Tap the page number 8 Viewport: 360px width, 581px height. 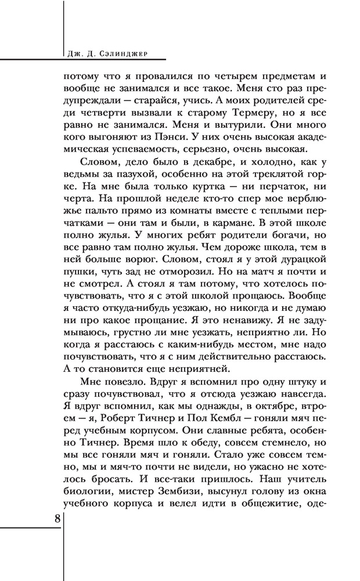57,518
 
